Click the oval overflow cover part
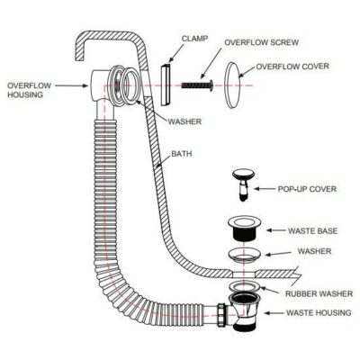(x=237, y=79)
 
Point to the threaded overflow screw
(x=197, y=85)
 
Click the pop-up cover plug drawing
(x=244, y=181)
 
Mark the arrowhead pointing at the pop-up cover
(x=262, y=190)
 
